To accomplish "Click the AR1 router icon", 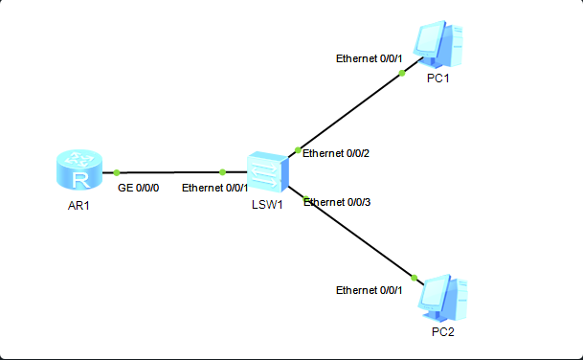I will [78, 173].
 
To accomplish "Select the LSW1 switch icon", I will [265, 173].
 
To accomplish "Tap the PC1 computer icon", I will [437, 44].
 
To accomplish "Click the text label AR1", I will [78, 206].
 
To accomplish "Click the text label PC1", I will [438, 79].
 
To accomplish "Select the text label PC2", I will [441, 331].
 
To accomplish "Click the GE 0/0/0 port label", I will [139, 188].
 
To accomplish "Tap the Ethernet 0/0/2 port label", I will [336, 153].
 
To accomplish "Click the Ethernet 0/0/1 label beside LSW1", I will [215, 188].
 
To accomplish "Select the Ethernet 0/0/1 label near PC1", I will [370, 58].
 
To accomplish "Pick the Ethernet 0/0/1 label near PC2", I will [370, 290].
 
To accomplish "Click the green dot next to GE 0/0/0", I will [117, 172].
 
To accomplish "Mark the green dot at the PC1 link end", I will [402, 73].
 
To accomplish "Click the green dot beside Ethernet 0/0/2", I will [299, 150].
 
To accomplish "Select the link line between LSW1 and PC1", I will [349, 112].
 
